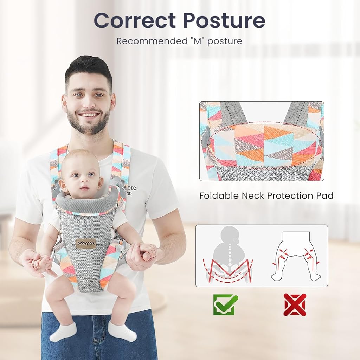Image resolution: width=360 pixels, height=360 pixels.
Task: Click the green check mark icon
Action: pyautogui.click(x=226, y=304)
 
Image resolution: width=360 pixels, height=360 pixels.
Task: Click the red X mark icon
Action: pyautogui.click(x=295, y=304)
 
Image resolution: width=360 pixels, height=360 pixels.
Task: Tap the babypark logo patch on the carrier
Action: pyautogui.click(x=86, y=243)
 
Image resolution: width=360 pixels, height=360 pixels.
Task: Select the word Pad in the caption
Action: pyautogui.click(x=325, y=196)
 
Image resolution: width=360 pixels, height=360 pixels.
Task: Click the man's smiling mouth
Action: pyautogui.click(x=88, y=115)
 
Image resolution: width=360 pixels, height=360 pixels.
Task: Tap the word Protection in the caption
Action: pyautogui.click(x=284, y=196)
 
